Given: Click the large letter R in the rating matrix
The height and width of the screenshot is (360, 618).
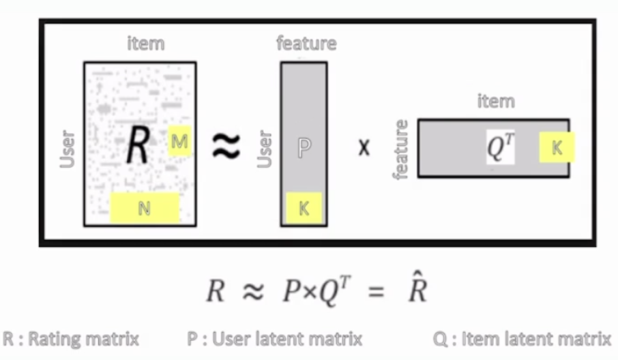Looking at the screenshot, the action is pyautogui.click(x=138, y=144).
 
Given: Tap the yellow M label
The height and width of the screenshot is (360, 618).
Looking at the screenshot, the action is pyautogui.click(x=179, y=141).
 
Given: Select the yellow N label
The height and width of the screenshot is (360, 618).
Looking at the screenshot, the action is pyautogui.click(x=144, y=208).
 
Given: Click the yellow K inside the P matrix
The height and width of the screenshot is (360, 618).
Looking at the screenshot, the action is pyautogui.click(x=304, y=208).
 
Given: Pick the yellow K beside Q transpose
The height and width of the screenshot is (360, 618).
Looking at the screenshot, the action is pyautogui.click(x=557, y=147).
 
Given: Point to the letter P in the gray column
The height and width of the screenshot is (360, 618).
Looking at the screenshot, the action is pyautogui.click(x=304, y=148).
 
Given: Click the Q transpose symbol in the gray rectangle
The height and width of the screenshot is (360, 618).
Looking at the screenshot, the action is pyautogui.click(x=501, y=147).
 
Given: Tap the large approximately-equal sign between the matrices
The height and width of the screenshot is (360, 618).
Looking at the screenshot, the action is pyautogui.click(x=226, y=145).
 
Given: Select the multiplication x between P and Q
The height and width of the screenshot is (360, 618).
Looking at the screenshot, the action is pyautogui.click(x=364, y=148).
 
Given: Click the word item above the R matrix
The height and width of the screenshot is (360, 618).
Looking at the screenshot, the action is pyautogui.click(x=145, y=44).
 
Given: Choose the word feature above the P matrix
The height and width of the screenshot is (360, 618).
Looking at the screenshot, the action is pyautogui.click(x=306, y=44).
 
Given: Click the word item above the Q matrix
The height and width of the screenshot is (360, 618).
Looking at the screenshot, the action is pyautogui.click(x=496, y=101).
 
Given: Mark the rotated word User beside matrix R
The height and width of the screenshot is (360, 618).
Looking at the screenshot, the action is pyautogui.click(x=68, y=149).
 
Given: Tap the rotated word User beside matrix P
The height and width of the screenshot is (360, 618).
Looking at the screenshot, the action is pyautogui.click(x=265, y=149).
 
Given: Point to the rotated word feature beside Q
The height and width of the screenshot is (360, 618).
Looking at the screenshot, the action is pyautogui.click(x=400, y=150).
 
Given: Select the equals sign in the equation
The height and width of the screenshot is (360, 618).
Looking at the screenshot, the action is pyautogui.click(x=376, y=292).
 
